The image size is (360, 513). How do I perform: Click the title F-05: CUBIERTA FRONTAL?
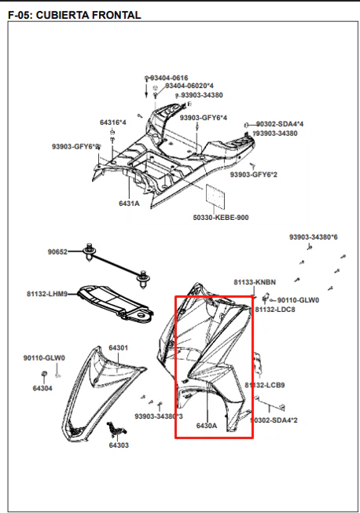click(75, 15)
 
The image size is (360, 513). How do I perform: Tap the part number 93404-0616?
click(169, 78)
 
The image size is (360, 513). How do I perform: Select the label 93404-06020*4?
click(189, 86)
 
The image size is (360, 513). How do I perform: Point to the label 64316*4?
click(113, 123)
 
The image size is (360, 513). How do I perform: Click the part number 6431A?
click(129, 203)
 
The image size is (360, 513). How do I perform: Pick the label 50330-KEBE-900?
click(221, 218)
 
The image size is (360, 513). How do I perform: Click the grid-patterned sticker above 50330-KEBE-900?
click(215, 196)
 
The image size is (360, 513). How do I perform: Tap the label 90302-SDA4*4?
click(280, 124)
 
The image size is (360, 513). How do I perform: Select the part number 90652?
click(57, 252)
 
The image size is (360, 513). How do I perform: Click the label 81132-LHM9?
click(47, 294)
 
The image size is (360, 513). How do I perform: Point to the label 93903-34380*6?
click(313, 237)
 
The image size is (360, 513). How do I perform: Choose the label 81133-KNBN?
click(255, 282)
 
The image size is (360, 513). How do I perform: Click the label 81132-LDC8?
click(275, 310)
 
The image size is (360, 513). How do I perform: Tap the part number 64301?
click(118, 348)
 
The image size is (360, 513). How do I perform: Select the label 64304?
click(42, 388)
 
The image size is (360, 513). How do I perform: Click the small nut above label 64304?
click(43, 374)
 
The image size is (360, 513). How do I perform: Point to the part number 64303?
click(119, 445)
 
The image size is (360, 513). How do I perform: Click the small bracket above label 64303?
click(116, 429)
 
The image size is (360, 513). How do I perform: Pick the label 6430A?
click(207, 426)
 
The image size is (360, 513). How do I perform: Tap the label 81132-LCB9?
click(265, 385)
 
